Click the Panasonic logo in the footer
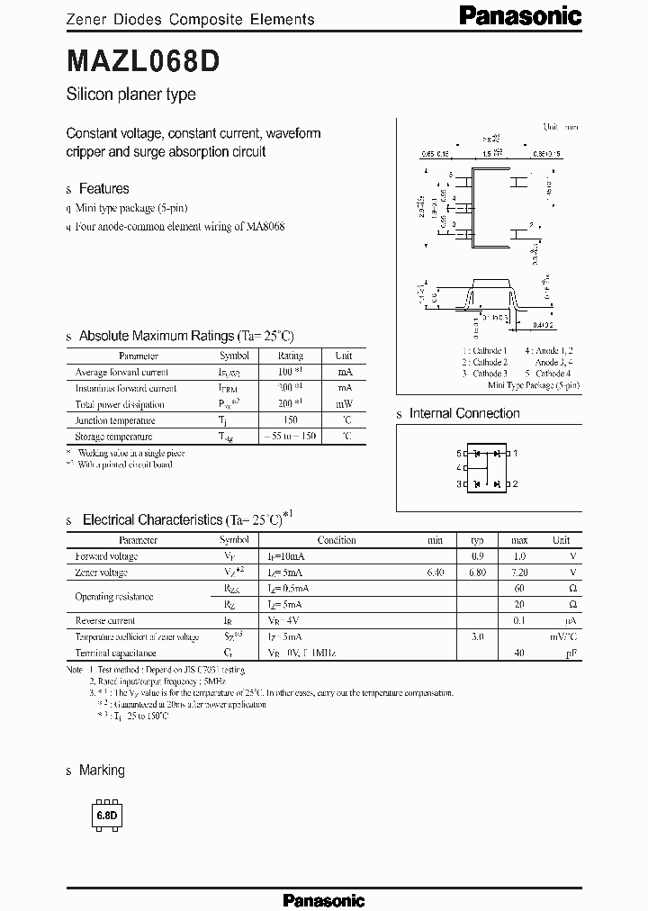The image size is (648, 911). tap(323, 899)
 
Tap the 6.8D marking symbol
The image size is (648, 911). tap(107, 816)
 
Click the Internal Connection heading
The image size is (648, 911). tap(464, 413)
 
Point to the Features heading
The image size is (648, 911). tap(103, 188)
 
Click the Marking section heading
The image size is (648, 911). tap(102, 771)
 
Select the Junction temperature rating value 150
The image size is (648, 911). tap(290, 420)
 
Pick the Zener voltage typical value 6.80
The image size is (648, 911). tap(477, 573)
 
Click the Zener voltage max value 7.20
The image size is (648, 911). tap(518, 573)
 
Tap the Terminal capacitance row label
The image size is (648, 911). tap(115, 653)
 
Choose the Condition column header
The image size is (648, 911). tap(337, 540)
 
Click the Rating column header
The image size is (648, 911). tap(290, 356)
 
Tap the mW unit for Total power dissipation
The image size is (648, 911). tap(344, 404)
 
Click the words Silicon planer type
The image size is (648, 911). tap(130, 95)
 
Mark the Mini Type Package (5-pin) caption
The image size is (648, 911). tap(534, 384)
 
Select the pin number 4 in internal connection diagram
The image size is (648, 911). tap(459, 468)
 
